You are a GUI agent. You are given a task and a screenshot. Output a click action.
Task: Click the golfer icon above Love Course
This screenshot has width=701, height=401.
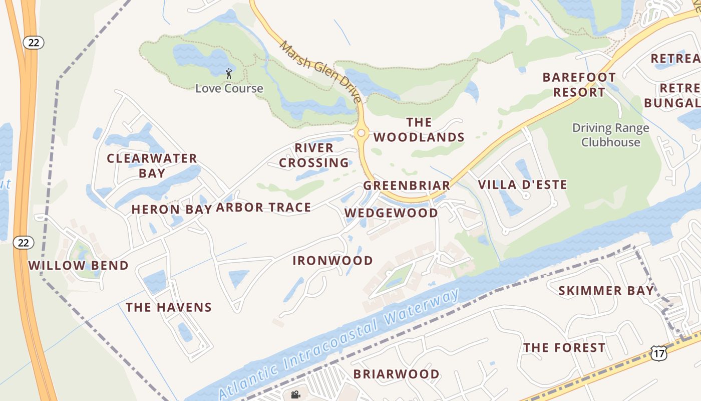pos(229,74)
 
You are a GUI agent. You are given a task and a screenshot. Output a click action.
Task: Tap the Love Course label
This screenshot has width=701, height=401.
pos(229,88)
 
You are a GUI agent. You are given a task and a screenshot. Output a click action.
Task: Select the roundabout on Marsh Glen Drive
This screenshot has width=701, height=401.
pos(361,133)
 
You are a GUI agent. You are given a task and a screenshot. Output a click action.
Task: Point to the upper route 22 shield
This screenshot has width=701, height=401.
pos(34,42)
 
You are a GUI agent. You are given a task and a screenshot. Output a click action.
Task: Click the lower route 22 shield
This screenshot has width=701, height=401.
pos(23,243)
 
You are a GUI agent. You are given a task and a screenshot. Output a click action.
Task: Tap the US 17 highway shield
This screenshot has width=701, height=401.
pos(658,353)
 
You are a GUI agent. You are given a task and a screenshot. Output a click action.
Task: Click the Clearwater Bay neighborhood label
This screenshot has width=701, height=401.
pos(152,166)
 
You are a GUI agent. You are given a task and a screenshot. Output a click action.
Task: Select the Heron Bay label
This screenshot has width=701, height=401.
pos(171,210)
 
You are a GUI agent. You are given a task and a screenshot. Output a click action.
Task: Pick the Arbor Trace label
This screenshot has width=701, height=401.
pos(263,208)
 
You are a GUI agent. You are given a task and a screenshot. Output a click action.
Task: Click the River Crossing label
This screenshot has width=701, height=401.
pos(314,155)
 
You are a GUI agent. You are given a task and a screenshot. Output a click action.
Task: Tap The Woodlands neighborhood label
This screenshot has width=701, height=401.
pos(419,130)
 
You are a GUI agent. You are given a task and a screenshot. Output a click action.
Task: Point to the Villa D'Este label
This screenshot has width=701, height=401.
pos(522,184)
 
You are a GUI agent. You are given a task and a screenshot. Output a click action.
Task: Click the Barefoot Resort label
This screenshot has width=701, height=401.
pos(579,85)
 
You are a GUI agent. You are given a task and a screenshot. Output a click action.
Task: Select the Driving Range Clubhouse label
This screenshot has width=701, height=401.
pos(610,135)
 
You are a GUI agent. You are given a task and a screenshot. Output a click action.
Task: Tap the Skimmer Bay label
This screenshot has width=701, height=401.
pos(606,291)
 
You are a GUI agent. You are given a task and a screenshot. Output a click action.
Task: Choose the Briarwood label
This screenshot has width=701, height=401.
pos(396,374)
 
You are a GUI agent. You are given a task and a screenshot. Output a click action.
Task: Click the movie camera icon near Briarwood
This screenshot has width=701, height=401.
pos(295,394)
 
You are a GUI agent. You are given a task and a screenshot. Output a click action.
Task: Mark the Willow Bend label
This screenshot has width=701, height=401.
pos(78,266)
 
